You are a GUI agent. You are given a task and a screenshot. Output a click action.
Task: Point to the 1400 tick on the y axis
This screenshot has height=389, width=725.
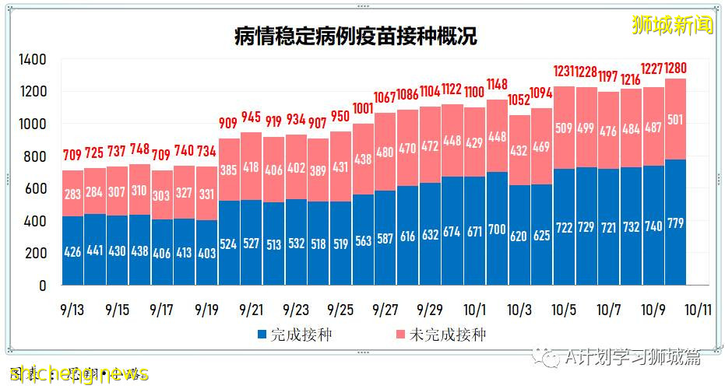(33, 60)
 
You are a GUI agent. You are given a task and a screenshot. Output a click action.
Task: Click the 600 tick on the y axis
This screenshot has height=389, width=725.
(36, 189)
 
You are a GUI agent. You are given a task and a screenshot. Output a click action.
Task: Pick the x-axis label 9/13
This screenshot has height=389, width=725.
(72, 309)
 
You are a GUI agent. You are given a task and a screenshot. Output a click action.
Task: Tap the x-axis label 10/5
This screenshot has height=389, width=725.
(563, 309)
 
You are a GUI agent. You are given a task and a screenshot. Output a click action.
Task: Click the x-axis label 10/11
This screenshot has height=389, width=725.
(698, 309)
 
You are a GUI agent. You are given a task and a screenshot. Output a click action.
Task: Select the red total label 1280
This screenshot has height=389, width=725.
(675, 68)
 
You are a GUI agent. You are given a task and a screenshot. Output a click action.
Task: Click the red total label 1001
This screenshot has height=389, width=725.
(362, 109)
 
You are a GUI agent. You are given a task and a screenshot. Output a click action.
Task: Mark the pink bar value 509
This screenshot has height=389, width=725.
(563, 129)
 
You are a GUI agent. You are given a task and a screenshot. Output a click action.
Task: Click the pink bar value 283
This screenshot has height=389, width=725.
(72, 194)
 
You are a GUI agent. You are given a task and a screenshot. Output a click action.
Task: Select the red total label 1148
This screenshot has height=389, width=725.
(497, 84)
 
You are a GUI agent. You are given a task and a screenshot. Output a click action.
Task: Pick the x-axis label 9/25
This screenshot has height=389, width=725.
(340, 309)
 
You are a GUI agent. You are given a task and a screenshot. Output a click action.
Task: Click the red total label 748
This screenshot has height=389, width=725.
(139, 150)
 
